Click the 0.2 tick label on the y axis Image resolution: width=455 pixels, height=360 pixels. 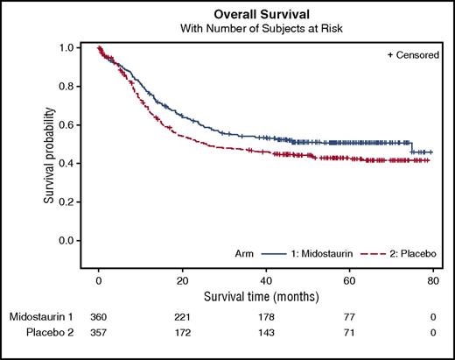[67, 201]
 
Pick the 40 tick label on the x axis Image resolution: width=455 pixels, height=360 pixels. [264, 279]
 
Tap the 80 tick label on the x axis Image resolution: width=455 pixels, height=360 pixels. [430, 279]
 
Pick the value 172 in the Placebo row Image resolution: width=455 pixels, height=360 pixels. [181, 333]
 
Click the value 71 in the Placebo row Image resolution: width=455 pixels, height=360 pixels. [347, 333]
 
